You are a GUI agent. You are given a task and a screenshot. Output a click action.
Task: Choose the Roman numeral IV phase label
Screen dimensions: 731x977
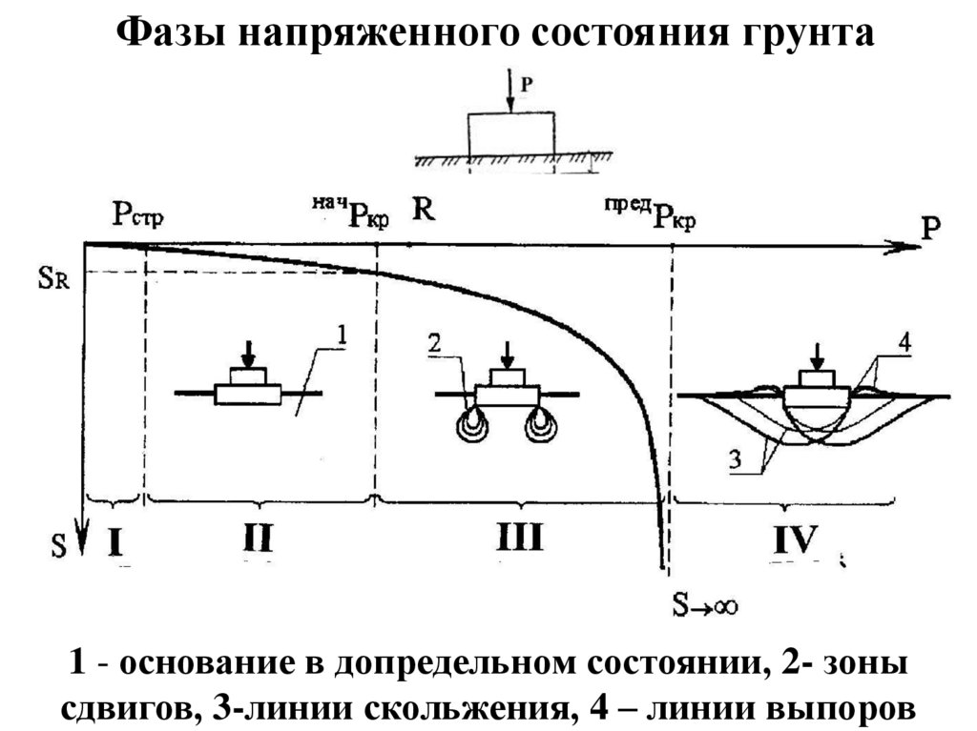[795, 540]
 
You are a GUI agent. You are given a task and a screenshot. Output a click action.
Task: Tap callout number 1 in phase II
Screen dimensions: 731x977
[343, 335]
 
